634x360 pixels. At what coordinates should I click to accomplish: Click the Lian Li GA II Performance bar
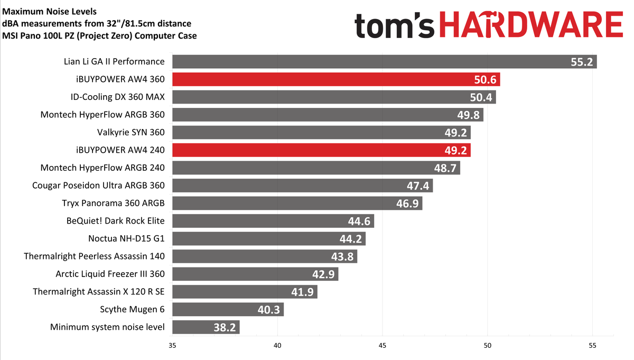pos(370,62)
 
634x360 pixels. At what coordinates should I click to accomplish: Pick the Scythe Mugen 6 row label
pos(132,309)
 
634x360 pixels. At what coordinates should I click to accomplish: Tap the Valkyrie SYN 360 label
pos(131,132)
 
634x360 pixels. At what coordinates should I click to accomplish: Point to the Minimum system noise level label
pos(107,327)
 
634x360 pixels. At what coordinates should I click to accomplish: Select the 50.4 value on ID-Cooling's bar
pos(481,98)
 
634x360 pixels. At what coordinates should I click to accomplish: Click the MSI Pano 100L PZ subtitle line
pos(99,35)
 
